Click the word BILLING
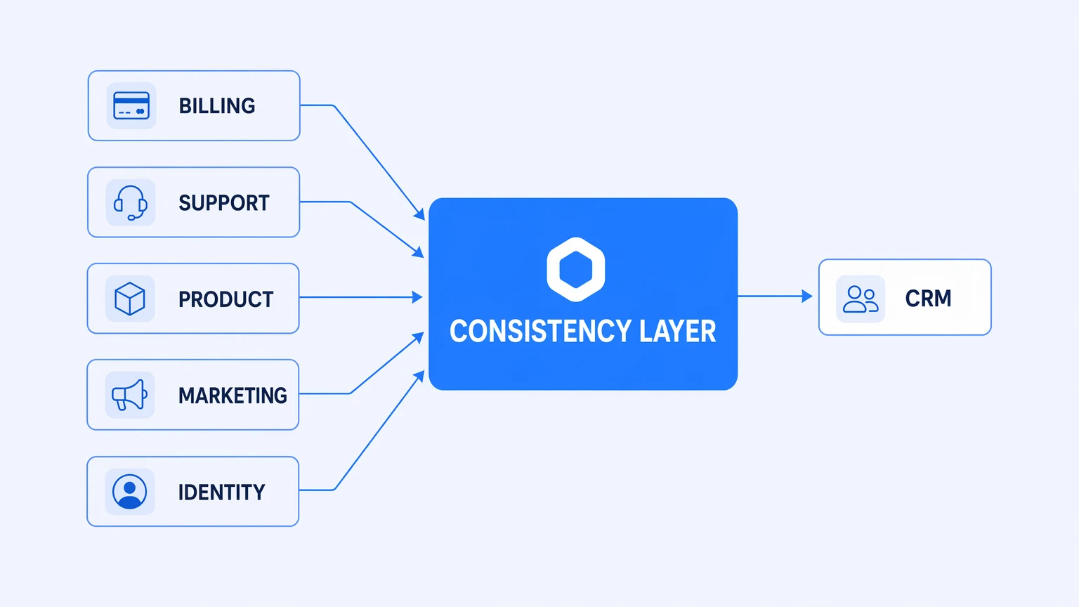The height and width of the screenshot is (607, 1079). pyautogui.click(x=217, y=106)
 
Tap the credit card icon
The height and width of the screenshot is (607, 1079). pyautogui.click(x=131, y=105)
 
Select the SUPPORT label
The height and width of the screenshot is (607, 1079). pyautogui.click(x=224, y=203)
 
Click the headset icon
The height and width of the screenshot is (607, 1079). pyautogui.click(x=131, y=203)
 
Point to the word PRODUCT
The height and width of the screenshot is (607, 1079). pyautogui.click(x=226, y=299)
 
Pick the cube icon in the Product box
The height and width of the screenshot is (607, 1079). pyautogui.click(x=129, y=299)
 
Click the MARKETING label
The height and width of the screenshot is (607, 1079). pyautogui.click(x=233, y=396)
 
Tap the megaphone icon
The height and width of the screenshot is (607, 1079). pyautogui.click(x=129, y=395)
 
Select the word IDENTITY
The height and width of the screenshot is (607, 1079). pyautogui.click(x=221, y=492)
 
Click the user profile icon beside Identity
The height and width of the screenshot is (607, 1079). pyautogui.click(x=129, y=492)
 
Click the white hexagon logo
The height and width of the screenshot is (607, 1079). pyautogui.click(x=575, y=269)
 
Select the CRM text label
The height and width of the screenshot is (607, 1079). pyautogui.click(x=928, y=298)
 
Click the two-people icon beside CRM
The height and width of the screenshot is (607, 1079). pyautogui.click(x=861, y=299)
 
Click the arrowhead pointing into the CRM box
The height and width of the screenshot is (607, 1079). pyautogui.click(x=807, y=296)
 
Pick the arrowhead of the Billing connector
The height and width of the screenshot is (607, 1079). pyautogui.click(x=419, y=214)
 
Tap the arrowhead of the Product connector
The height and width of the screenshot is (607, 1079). pyautogui.click(x=417, y=297)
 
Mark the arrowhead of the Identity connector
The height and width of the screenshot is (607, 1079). pyautogui.click(x=419, y=377)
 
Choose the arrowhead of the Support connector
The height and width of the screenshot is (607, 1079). pyautogui.click(x=418, y=252)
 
